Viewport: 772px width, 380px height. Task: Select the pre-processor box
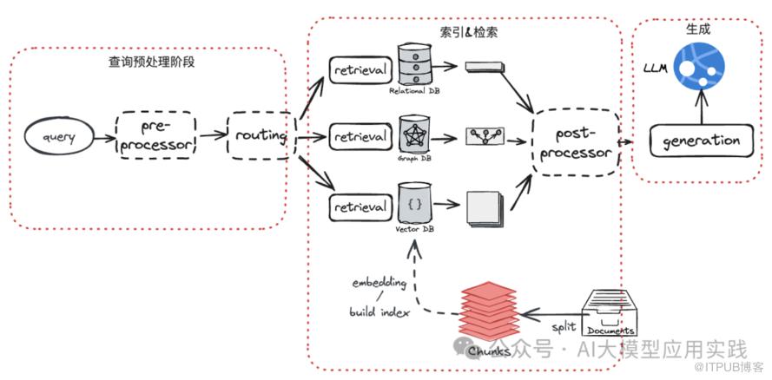(x=156, y=135)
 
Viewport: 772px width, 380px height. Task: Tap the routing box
(x=260, y=136)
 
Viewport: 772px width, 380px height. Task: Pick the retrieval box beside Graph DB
(x=360, y=137)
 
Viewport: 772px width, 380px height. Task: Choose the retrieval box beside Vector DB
(x=360, y=207)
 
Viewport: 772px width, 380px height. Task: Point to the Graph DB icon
(x=415, y=134)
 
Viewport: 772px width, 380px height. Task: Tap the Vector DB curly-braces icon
(x=414, y=204)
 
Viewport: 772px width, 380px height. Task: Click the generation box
(x=701, y=141)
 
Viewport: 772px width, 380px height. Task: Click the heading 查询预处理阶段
(x=150, y=62)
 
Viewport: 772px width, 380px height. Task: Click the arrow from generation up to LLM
(x=701, y=108)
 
